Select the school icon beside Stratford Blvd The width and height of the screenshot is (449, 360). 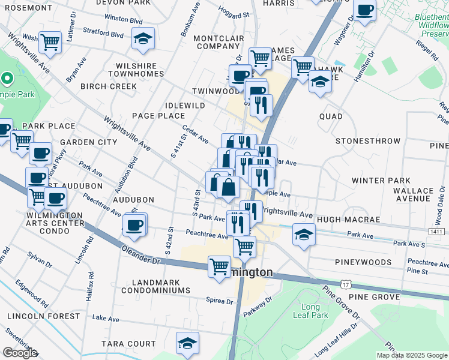coord(142,39)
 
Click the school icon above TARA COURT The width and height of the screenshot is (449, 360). coord(187,344)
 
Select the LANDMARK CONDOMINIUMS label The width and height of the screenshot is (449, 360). coord(155,286)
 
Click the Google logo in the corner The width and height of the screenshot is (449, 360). coord(19,353)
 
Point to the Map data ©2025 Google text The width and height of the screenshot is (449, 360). coord(412,355)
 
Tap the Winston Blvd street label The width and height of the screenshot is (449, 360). coord(124,19)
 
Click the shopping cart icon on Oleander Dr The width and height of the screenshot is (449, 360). coord(219,266)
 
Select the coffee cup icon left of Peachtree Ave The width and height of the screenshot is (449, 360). coord(134,225)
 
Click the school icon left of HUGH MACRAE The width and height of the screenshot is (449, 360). coord(304,235)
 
